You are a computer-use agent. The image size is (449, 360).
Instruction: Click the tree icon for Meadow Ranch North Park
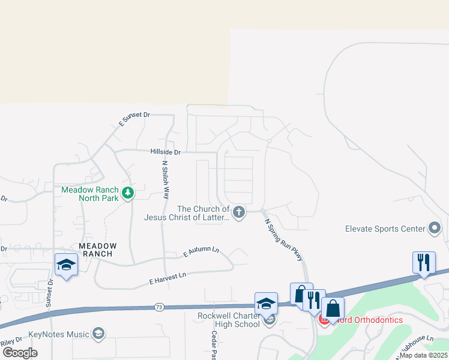(127, 193)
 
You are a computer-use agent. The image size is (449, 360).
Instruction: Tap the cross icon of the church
(239, 212)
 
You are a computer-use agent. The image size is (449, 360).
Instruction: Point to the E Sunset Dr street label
(134, 119)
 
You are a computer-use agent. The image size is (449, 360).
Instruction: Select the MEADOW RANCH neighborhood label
(98, 250)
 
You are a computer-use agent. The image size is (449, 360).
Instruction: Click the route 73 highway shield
(158, 307)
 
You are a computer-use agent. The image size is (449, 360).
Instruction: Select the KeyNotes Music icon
(98, 334)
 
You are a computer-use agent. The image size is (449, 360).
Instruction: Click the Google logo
(19, 353)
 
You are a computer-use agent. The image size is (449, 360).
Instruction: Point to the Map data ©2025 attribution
(423, 355)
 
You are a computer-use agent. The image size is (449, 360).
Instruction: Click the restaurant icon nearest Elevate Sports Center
(424, 262)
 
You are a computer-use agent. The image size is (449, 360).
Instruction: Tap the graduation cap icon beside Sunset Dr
(66, 265)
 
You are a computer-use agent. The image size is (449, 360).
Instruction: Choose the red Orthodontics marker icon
(324, 320)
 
